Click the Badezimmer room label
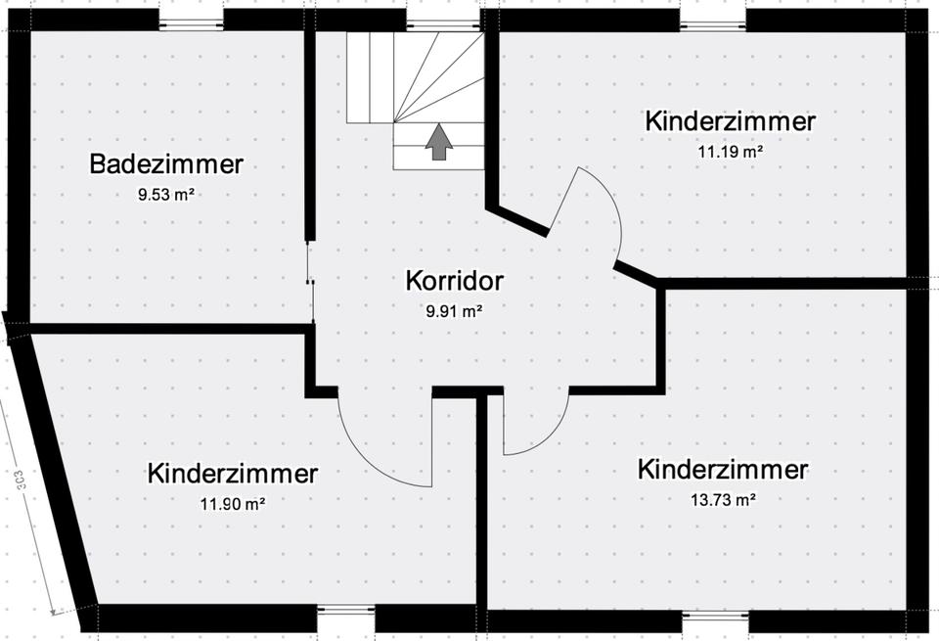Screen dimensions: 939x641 (165, 163)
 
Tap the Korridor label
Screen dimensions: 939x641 (454, 282)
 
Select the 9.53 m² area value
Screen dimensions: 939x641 (163, 194)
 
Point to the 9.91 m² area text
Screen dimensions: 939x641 (454, 312)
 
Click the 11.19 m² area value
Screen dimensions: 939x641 (730, 152)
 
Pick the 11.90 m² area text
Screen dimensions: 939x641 (233, 504)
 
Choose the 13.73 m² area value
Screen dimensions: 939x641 (723, 499)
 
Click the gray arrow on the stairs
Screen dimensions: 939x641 (439, 141)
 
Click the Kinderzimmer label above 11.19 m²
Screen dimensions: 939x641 (730, 121)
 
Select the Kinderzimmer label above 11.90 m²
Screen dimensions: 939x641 (233, 474)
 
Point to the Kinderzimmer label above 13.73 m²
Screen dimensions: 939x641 (723, 469)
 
